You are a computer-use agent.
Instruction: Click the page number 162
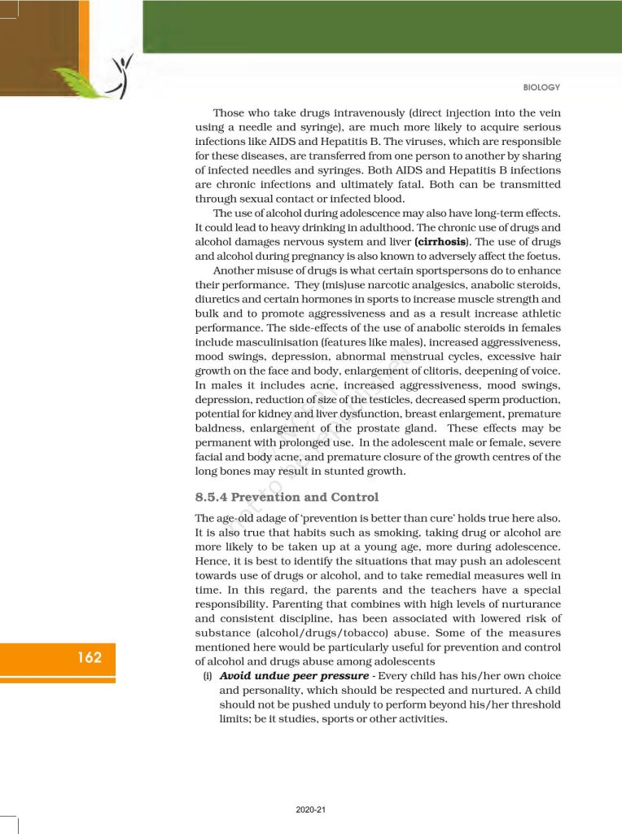click(x=90, y=657)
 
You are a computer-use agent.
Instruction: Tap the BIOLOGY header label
click(x=540, y=88)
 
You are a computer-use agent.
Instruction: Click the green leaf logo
click(x=81, y=82)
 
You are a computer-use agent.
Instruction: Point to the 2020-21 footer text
click(x=311, y=810)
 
